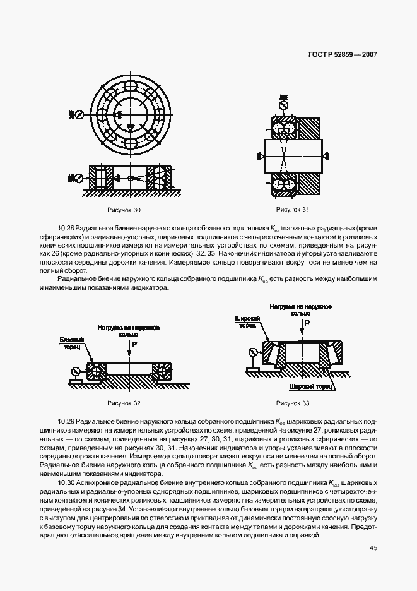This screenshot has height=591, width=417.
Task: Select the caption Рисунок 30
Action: [x=124, y=209]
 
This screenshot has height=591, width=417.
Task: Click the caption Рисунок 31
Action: [x=293, y=209]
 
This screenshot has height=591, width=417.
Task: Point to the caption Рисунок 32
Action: [x=124, y=403]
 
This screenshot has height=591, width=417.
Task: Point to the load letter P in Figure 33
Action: [x=307, y=323]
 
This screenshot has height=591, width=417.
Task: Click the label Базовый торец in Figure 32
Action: [x=71, y=343]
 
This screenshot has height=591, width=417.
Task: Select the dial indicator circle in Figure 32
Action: [x=76, y=371]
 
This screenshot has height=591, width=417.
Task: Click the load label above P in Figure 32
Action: [x=129, y=331]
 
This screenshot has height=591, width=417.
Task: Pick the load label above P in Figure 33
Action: [x=301, y=309]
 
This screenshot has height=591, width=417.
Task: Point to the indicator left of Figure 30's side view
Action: [x=78, y=178]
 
